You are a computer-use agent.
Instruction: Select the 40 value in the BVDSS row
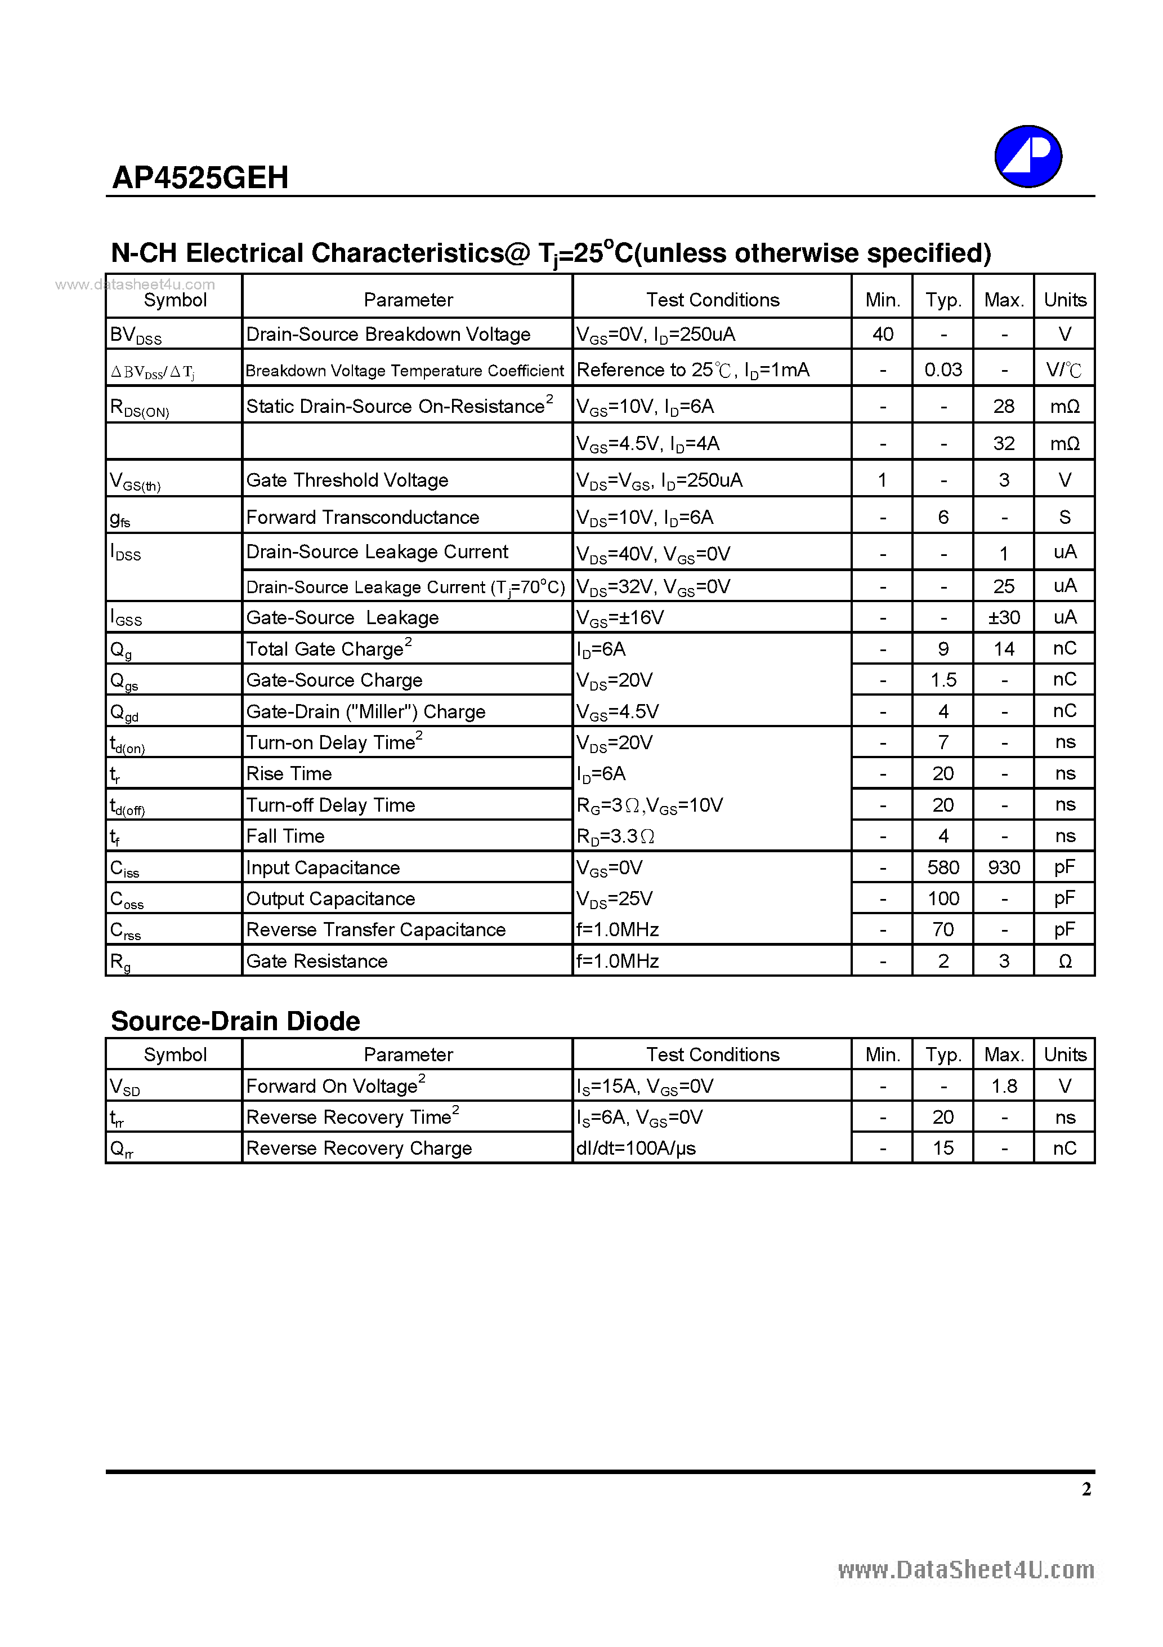[883, 334]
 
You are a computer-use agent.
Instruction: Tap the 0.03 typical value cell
[943, 370]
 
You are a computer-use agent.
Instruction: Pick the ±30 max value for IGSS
[1004, 617]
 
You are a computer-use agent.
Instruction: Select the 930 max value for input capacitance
[1004, 868]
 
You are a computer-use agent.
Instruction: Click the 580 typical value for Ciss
[943, 868]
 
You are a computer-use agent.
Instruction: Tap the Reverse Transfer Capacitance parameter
[375, 929]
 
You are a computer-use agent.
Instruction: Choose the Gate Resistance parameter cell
[317, 962]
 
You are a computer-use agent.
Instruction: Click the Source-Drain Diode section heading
[235, 1021]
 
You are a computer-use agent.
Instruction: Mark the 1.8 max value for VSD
[1004, 1086]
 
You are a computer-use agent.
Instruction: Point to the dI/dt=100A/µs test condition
[636, 1149]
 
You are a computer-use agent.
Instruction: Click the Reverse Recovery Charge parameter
[359, 1149]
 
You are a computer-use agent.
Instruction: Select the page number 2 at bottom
[1086, 1489]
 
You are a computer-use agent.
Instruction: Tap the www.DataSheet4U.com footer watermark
[966, 1569]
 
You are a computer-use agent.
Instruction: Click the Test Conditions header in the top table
[713, 300]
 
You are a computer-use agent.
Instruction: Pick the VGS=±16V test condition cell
[620, 617]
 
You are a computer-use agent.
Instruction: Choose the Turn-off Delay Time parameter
[330, 805]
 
